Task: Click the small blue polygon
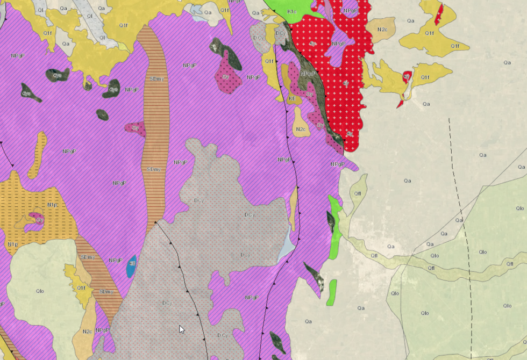pyautogui.click(x=131, y=267)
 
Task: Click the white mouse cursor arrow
pyautogui.click(x=181, y=329)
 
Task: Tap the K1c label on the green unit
pyautogui.click(x=292, y=11)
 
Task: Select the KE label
pyautogui.click(x=292, y=99)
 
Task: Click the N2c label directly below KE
pyautogui.click(x=301, y=129)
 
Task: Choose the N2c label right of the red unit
pyautogui.click(x=382, y=29)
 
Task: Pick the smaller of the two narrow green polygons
pyautogui.click(x=331, y=292)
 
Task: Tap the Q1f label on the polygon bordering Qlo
pyautogui.click(x=81, y=288)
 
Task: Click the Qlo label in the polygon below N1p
pyautogui.click(x=39, y=291)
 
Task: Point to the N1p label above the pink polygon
pyautogui.click(x=52, y=205)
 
